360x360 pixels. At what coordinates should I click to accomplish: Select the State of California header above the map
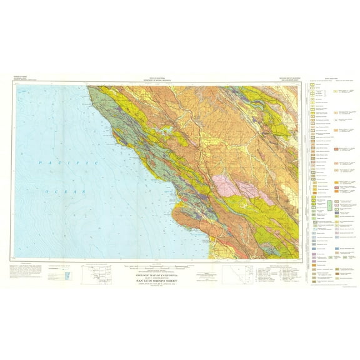point(156,77)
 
